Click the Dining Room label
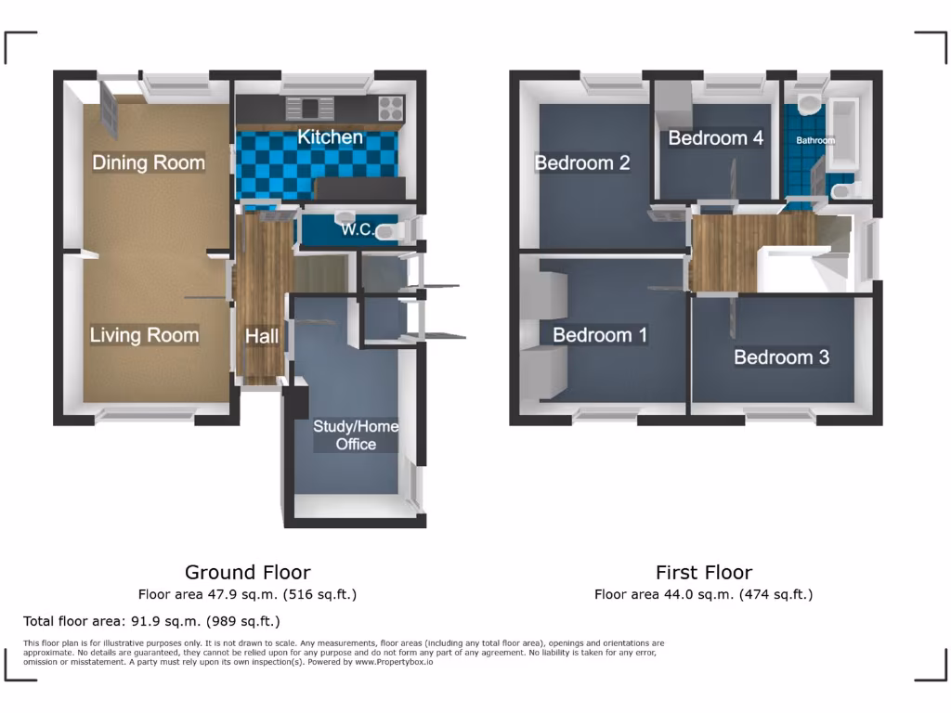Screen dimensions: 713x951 [149, 162]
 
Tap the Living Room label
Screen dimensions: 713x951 [144, 335]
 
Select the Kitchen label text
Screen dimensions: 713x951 [330, 137]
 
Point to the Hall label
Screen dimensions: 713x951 [262, 337]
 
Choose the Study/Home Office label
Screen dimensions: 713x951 [356, 435]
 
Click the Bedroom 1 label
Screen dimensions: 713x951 [600, 335]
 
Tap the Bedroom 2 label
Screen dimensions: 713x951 [582, 162]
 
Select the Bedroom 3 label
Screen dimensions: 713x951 [781, 357]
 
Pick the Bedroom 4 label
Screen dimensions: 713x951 [715, 138]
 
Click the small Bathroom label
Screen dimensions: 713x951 [814, 141]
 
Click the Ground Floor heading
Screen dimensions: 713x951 [247, 572]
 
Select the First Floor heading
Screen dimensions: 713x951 [704, 572]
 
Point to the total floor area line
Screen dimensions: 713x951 [151, 621]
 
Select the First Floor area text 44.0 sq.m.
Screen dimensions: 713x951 [703, 594]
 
